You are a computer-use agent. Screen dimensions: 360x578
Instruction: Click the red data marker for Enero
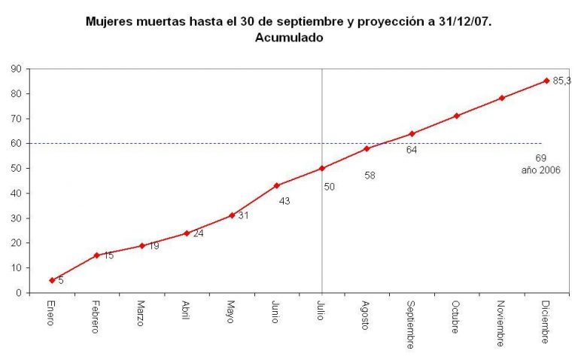pos(51,280)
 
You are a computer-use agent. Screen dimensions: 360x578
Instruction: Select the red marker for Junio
pos(277,185)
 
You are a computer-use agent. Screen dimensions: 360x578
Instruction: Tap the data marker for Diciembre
pos(546,81)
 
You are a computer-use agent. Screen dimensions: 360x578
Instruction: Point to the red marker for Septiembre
pos(412,134)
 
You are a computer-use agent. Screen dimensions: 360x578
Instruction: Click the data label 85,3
pos(562,81)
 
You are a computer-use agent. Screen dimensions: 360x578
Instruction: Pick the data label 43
pos(284,201)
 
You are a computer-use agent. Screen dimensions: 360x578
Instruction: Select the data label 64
pos(412,149)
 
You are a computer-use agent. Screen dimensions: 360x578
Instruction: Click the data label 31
pos(243,215)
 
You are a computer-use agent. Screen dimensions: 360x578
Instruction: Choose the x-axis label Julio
pos(321,311)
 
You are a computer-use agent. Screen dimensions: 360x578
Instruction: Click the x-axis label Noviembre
pos(500,324)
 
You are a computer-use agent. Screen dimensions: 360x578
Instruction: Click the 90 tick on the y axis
pos(15,69)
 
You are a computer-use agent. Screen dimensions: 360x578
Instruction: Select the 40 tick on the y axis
pos(15,193)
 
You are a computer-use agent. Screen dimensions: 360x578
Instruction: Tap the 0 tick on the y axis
pos(17,293)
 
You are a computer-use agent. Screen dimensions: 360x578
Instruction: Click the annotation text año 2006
pos(540,170)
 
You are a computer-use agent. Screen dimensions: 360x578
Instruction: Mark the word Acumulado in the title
pos(289,37)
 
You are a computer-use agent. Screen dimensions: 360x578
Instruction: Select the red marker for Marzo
pos(141,246)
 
